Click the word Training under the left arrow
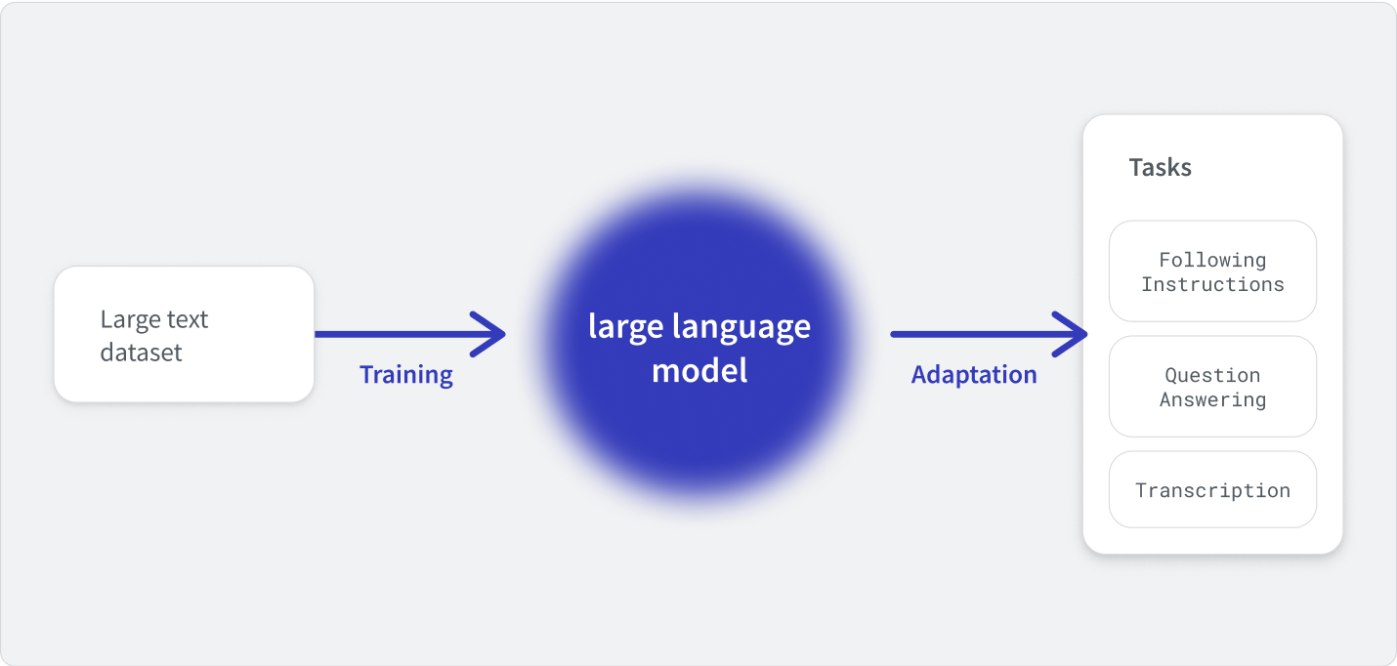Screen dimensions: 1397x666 pos(406,375)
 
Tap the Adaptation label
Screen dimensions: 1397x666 pos(974,375)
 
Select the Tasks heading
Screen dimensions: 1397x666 pos(1160,167)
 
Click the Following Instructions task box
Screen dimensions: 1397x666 pos(1212,271)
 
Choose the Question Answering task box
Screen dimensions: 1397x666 pos(1212,387)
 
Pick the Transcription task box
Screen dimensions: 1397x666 pos(1212,489)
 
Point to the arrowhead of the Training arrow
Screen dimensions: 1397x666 pos(503,334)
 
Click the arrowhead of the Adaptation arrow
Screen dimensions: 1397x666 pos(1085,334)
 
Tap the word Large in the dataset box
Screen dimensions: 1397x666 pos(131,320)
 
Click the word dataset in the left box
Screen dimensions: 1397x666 pos(141,353)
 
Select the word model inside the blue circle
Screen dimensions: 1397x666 pos(699,370)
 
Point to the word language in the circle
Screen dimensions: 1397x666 pos(741,327)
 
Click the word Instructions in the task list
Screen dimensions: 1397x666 pos(1212,284)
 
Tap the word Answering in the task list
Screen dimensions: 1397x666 pos(1212,400)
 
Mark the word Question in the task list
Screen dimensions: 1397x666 pos(1212,375)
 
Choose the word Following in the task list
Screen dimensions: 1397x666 pos(1212,260)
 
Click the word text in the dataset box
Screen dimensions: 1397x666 pos(189,320)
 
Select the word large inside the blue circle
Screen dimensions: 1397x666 pos(626,327)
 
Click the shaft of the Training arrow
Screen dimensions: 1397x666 pos(408,334)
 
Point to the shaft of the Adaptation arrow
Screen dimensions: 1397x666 pos(988,334)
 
